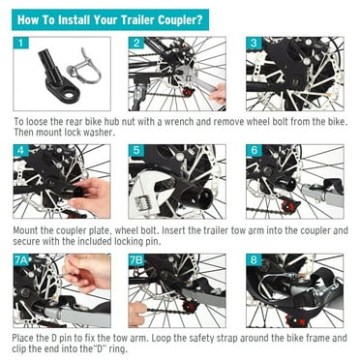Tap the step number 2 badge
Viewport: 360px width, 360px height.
pyautogui.click(x=136, y=45)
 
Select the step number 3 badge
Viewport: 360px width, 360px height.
pyautogui.click(x=254, y=45)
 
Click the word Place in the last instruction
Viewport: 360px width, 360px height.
pyautogui.click(x=26, y=340)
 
